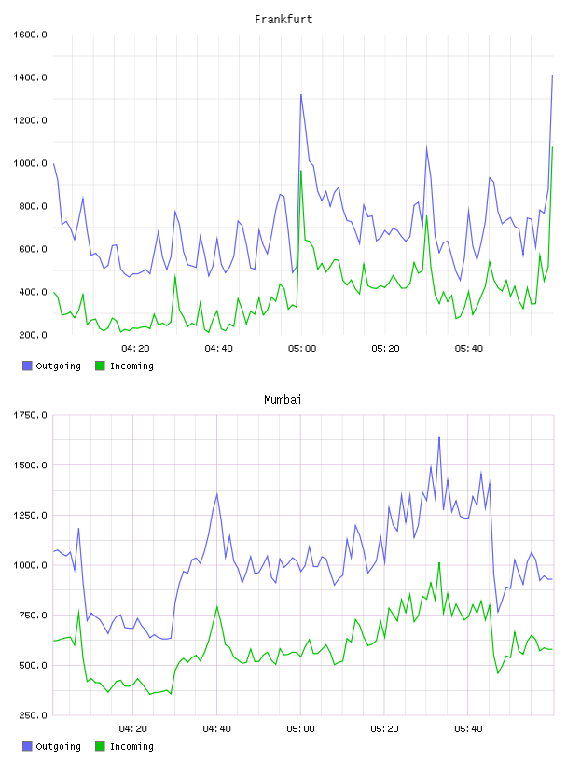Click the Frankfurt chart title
(283, 20)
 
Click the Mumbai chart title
(283, 400)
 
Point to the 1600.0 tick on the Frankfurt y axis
(30, 35)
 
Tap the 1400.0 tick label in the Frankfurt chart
(30, 77)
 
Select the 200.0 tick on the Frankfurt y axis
(33, 335)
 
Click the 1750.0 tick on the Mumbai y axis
(30, 415)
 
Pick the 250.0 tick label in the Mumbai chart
(33, 715)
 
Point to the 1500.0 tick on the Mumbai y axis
(30, 465)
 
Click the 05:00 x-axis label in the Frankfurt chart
(302, 349)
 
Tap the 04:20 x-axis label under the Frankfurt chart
(135, 349)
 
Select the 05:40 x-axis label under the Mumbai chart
(468, 729)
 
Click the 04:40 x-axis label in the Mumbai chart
(217, 729)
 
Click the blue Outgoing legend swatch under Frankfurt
(27, 366)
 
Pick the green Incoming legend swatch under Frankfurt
(100, 366)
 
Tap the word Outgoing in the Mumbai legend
(58, 746)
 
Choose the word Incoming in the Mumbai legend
(131, 746)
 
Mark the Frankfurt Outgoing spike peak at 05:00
(301, 94)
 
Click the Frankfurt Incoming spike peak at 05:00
(301, 171)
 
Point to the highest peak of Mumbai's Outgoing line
(439, 437)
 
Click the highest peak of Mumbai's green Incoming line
(439, 563)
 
